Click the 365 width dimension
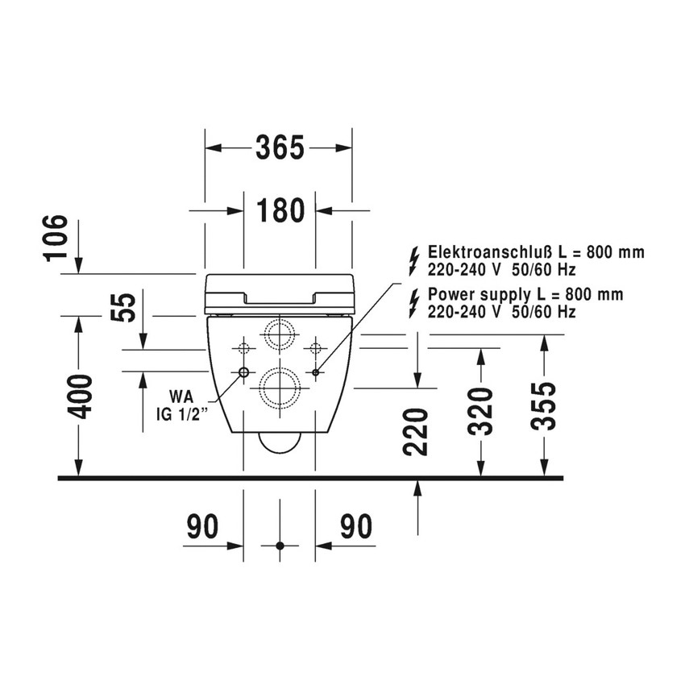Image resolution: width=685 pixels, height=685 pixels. point(280,147)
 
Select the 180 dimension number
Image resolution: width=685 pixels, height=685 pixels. point(280,210)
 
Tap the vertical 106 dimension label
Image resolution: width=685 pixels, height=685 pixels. point(56,239)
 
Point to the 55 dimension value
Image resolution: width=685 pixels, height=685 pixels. point(122,308)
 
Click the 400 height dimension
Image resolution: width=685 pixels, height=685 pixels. point(80,396)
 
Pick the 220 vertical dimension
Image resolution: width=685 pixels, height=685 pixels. point(416,432)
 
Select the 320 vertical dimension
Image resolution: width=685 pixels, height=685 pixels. point(480,412)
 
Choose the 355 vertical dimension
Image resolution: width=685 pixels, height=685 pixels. point(543,406)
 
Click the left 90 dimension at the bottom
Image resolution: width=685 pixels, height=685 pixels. point(203,526)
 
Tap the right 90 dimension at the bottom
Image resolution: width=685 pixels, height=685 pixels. point(356,526)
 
